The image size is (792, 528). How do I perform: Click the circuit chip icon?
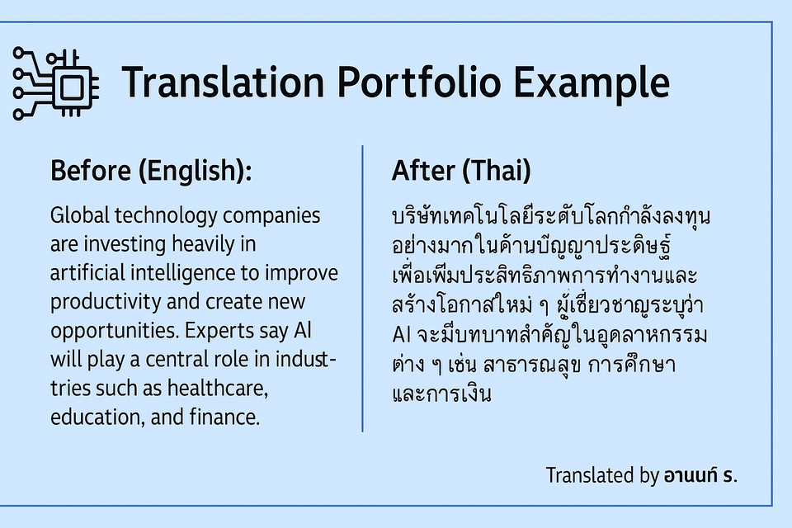coord(55,83)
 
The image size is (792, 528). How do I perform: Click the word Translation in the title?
coord(223,82)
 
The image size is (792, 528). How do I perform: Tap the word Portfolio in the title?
coord(419,82)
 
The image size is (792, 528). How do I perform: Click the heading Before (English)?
coord(151,170)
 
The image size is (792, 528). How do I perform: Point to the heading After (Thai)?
coord(461,170)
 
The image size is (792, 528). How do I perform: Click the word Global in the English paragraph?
coord(80,215)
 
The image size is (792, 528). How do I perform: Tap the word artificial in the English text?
coord(87,273)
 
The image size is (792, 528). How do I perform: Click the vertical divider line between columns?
coord(362,289)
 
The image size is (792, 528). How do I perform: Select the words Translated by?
coord(602,476)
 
